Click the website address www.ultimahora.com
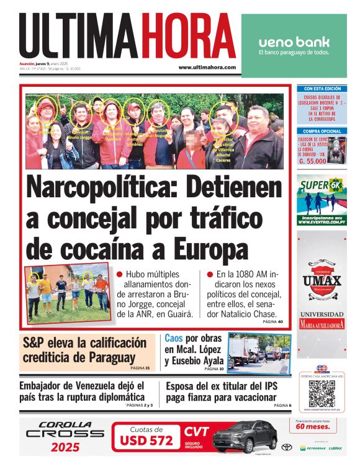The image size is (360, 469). tap(207, 67)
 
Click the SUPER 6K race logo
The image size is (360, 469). tap(321, 186)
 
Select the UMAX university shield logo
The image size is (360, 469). tap(322, 282)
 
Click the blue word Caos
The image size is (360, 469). tap(174, 339)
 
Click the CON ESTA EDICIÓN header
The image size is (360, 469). tap(322, 89)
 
